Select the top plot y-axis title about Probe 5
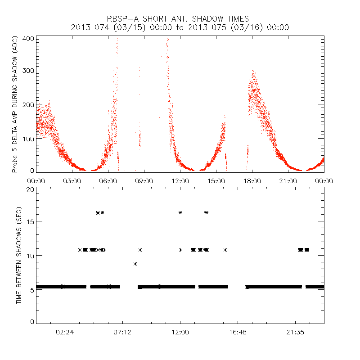tap(15, 104)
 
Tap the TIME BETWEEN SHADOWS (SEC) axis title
tap(19, 255)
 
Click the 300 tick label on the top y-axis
tap(28, 71)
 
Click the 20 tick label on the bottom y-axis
tap(30, 189)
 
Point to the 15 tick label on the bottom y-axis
tap(30, 221)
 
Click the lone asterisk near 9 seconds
tap(135, 264)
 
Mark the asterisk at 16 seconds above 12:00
tap(180, 212)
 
